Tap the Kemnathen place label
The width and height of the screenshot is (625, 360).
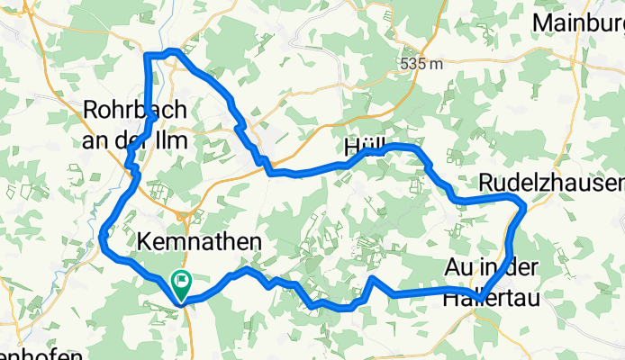(199, 241)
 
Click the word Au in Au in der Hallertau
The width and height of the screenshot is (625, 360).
(457, 266)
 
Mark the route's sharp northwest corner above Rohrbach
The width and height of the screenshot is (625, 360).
(147, 57)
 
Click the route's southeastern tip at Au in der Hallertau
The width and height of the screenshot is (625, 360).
(483, 298)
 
